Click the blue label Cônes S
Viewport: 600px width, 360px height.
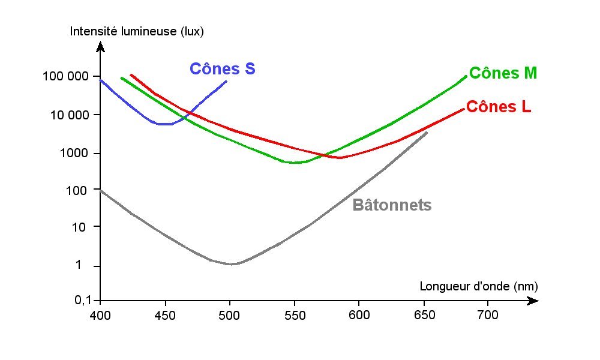(222, 69)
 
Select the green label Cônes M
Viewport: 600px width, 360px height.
(503, 73)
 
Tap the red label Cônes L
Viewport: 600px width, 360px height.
(498, 107)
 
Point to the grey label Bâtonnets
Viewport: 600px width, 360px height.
(392, 205)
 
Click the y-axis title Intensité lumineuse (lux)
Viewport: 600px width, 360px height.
(137, 32)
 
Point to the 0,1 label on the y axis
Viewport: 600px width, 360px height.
(83, 300)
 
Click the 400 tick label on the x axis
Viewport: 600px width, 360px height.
(100, 314)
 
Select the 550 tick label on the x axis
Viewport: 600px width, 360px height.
(294, 314)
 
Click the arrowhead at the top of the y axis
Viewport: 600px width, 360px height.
(100, 46)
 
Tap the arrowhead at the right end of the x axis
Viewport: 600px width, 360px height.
(532, 301)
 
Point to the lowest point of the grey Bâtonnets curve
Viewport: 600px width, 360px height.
(233, 264)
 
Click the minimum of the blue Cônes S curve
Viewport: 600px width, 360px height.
(165, 124)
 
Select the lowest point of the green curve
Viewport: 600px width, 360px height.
(295, 163)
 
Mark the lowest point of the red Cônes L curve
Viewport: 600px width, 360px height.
(341, 158)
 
